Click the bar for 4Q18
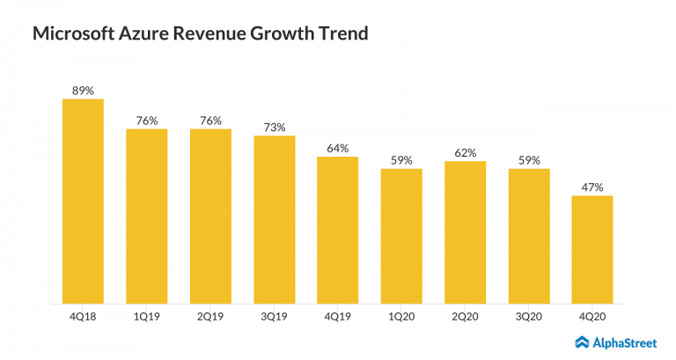[83, 202]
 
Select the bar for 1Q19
[146, 217]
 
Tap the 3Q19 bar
[274, 220]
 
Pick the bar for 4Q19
[337, 231]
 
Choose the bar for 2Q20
[465, 232]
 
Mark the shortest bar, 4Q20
[591, 250]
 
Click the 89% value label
[83, 90]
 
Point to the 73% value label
[274, 127]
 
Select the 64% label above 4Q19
[337, 148]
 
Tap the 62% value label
[465, 152]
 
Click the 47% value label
[591, 187]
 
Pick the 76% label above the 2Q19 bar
[210, 121]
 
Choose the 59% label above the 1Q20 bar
[401, 159]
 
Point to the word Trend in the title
[340, 35]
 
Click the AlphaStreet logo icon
[582, 342]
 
